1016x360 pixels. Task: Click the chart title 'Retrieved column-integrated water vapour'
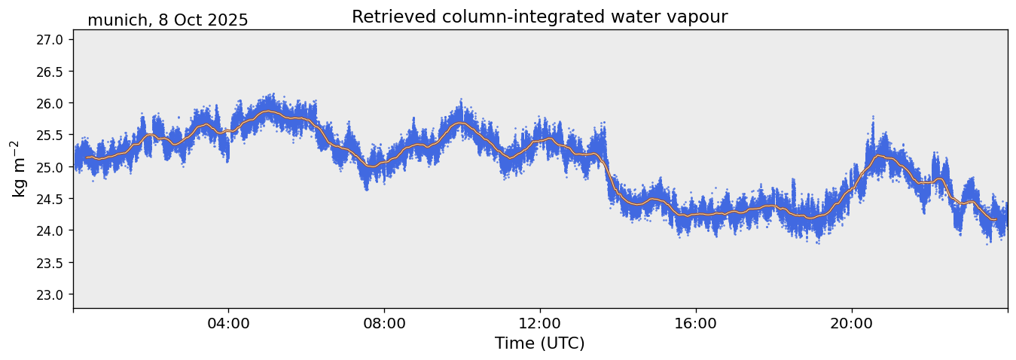[x=539, y=17]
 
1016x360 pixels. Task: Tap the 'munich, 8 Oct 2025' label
[x=167, y=20]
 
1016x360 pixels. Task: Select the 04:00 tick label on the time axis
[x=228, y=323]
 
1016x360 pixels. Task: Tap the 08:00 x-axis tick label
[x=384, y=323]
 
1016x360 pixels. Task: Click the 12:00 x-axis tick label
[x=540, y=323]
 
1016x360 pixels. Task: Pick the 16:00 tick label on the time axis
[x=695, y=323]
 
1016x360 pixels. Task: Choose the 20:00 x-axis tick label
[x=851, y=323]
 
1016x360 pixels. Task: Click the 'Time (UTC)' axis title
[x=539, y=343]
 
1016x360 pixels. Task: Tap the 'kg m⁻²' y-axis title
[x=18, y=169]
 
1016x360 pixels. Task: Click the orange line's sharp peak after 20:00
[x=877, y=156]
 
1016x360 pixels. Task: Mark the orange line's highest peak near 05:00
[x=267, y=111]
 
